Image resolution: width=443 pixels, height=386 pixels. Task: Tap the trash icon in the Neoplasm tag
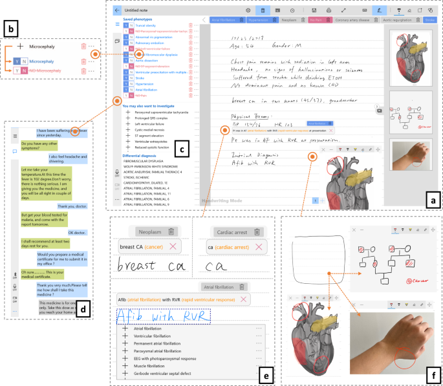[171, 231]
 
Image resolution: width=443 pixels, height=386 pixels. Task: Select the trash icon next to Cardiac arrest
[256, 231]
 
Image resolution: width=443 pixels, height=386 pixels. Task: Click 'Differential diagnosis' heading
[143, 156]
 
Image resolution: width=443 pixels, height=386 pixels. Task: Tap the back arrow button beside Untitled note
[117, 11]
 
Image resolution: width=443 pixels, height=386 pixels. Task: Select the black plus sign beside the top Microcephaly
[21, 47]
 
